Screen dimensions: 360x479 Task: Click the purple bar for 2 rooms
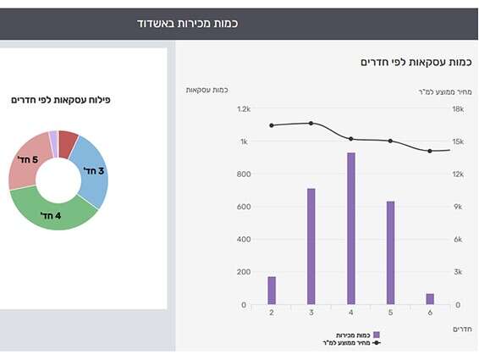point(272,291)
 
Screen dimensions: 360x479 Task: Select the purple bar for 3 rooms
point(311,246)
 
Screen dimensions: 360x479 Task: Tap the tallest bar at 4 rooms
point(350,229)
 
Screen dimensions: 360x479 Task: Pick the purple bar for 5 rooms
point(390,252)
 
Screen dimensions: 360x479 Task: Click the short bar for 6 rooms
point(430,299)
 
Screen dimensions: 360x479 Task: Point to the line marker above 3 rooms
point(311,124)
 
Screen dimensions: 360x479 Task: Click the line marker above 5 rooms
point(390,141)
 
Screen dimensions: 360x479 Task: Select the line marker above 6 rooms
point(430,151)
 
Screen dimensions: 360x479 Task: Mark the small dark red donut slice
point(69,138)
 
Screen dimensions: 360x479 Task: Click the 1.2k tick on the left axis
point(244,109)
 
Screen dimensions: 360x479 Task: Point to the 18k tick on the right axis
point(457,109)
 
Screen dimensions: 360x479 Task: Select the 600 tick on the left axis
point(244,207)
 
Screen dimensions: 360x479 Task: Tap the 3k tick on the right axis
point(457,272)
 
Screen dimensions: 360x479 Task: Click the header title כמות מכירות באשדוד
point(187,23)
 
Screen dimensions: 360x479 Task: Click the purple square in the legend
point(377,335)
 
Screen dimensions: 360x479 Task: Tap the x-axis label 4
point(350,313)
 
